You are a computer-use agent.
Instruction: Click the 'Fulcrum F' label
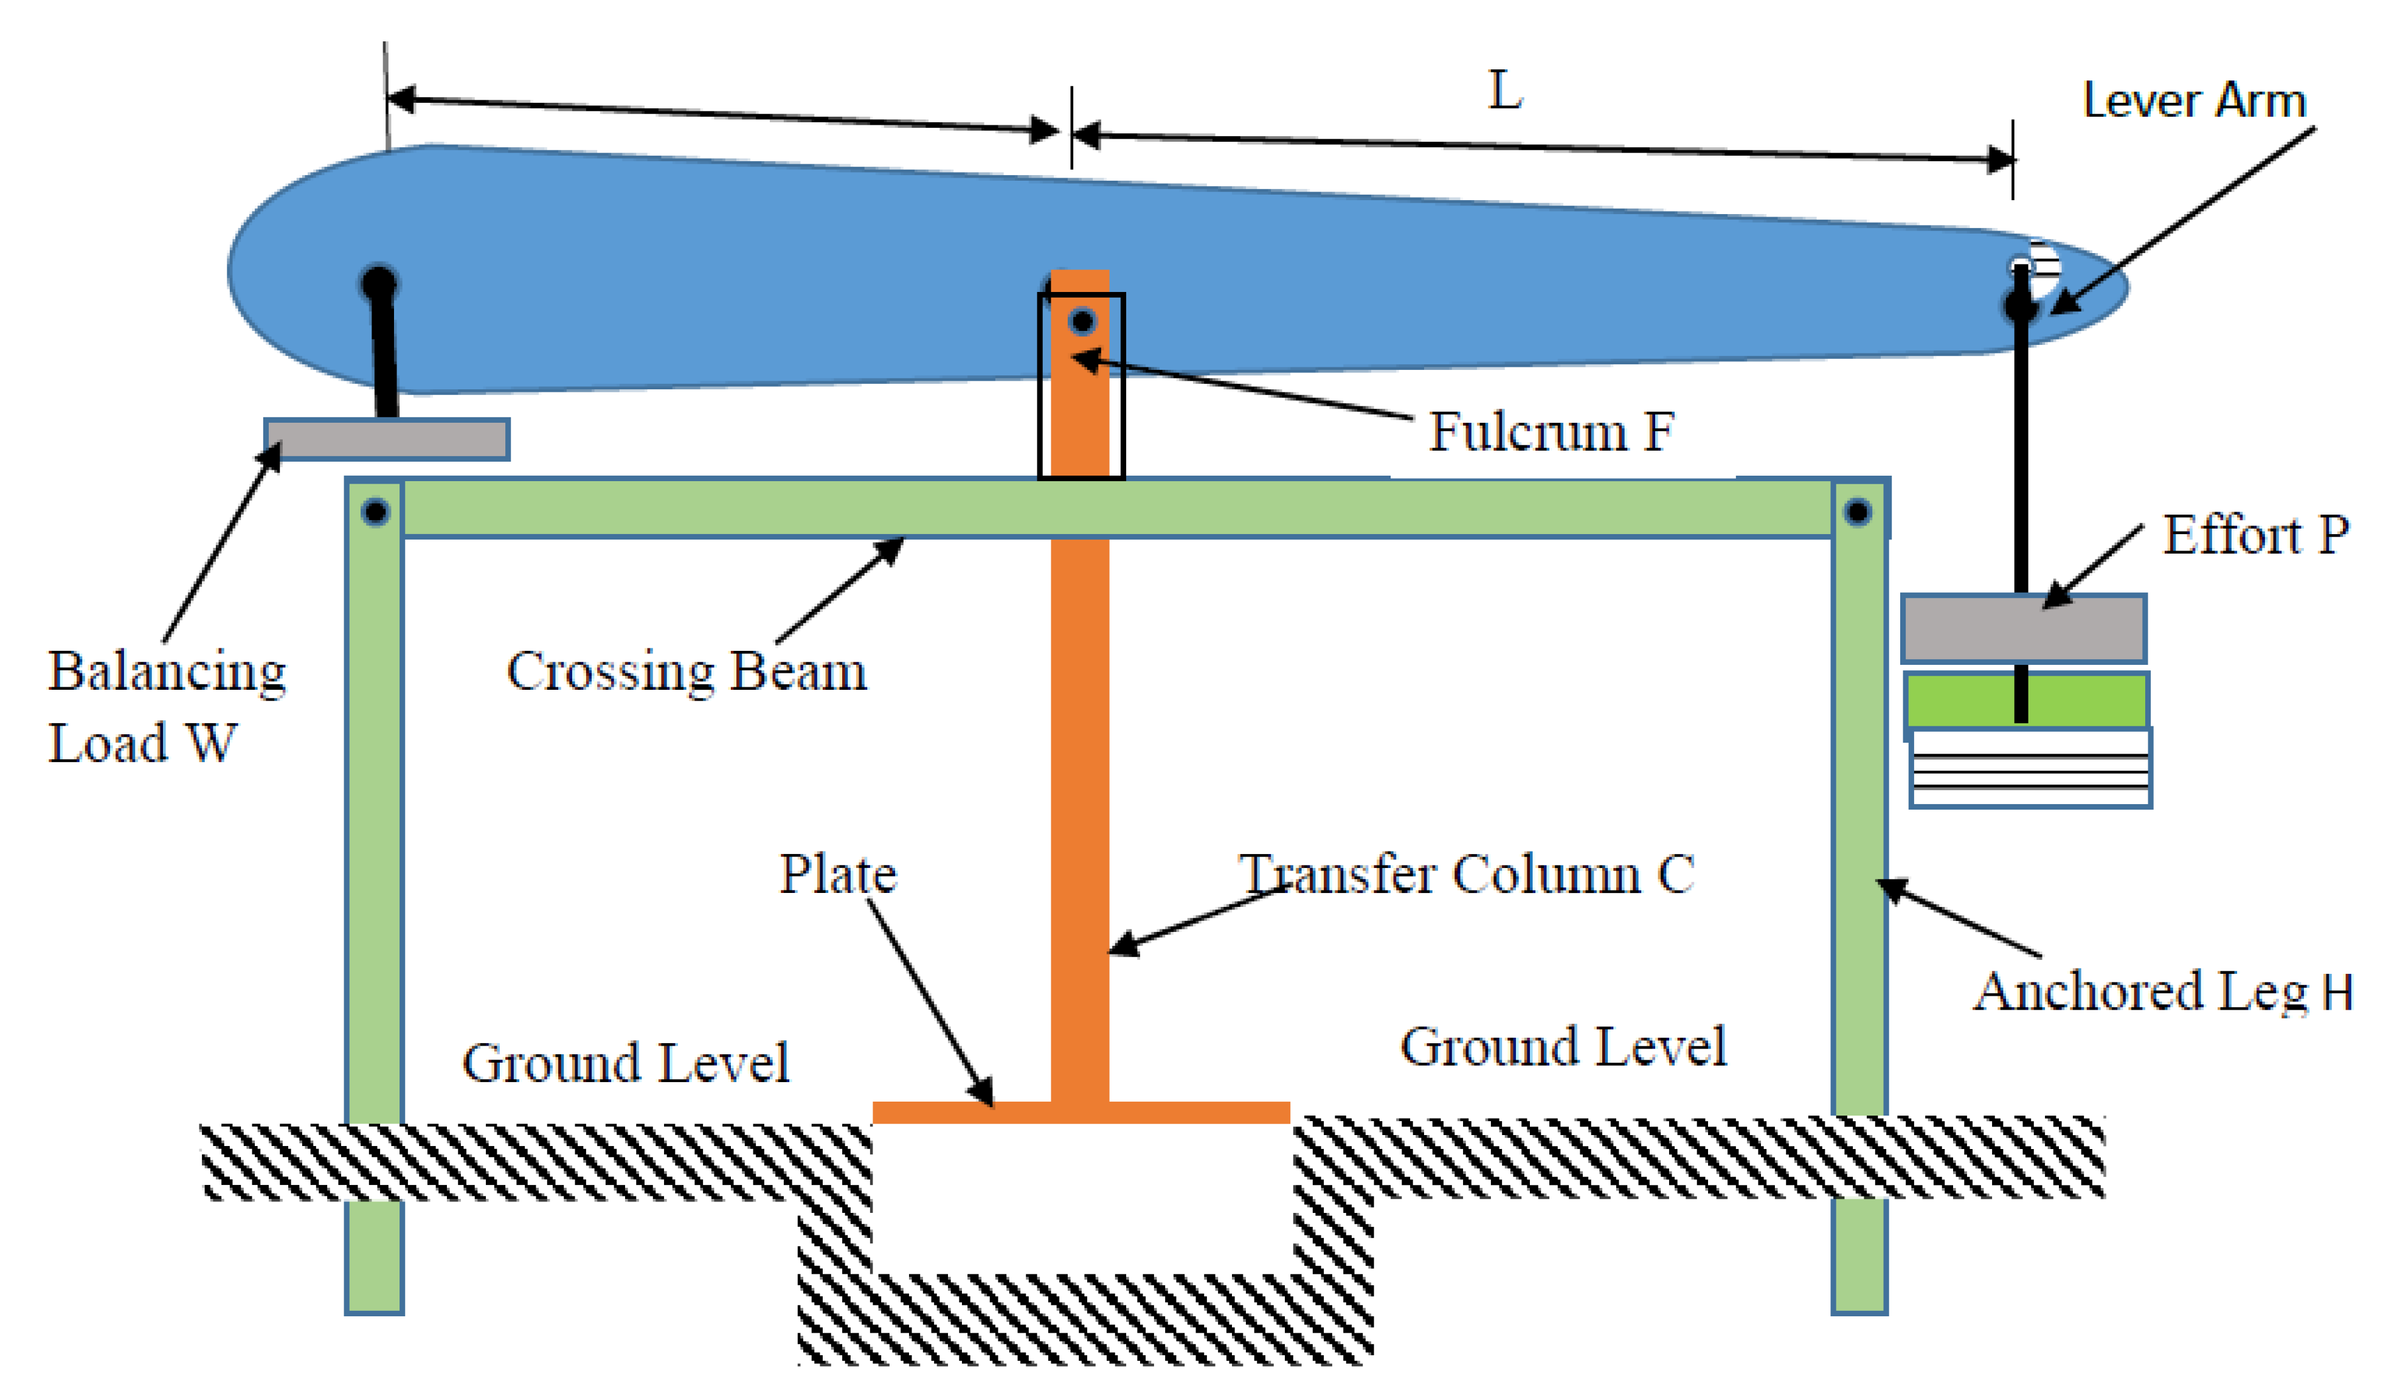point(1551,432)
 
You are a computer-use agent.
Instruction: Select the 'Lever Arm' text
point(2194,100)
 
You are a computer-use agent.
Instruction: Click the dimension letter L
point(1506,92)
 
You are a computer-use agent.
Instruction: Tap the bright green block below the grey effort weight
point(2025,701)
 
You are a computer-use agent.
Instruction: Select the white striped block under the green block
point(2030,768)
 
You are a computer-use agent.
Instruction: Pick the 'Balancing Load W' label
point(167,706)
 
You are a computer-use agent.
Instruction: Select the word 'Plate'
point(838,874)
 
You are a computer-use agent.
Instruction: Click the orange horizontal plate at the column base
point(1081,1113)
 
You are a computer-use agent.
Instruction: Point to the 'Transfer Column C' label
point(1465,874)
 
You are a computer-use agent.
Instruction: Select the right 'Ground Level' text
point(1563,1047)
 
